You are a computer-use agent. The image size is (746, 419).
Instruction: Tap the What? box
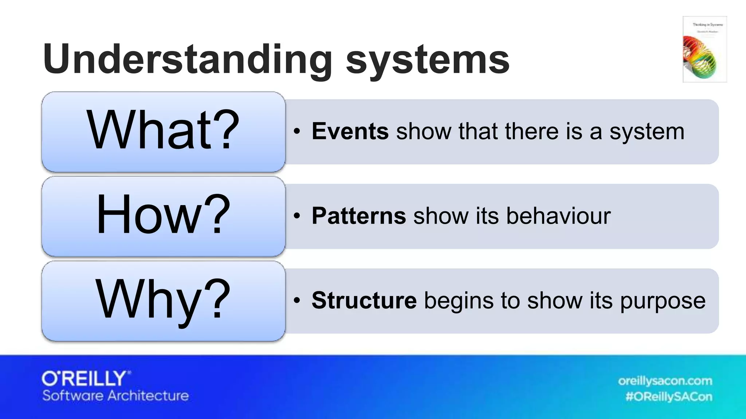[163, 131]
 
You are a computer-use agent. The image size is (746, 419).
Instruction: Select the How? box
[163, 216]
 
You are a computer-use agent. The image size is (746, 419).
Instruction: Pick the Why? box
[163, 301]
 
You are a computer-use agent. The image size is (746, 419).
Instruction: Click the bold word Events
[350, 131]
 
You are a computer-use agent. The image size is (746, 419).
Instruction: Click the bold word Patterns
[358, 216]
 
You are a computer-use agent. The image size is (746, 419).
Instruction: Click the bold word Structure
[364, 301]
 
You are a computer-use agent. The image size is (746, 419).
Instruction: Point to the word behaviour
[558, 216]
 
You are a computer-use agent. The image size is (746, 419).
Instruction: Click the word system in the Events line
[647, 132]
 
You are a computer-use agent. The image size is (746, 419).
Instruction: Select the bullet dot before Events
[297, 131]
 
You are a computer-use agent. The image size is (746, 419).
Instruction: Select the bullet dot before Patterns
[297, 216]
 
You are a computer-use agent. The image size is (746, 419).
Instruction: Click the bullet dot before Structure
[297, 301]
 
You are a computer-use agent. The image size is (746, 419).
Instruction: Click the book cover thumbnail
[704, 49]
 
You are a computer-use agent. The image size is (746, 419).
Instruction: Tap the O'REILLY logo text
[86, 379]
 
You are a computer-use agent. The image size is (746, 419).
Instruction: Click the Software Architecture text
[115, 396]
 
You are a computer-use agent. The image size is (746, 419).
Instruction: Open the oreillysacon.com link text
[665, 381]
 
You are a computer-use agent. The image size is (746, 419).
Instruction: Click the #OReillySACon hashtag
[668, 396]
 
